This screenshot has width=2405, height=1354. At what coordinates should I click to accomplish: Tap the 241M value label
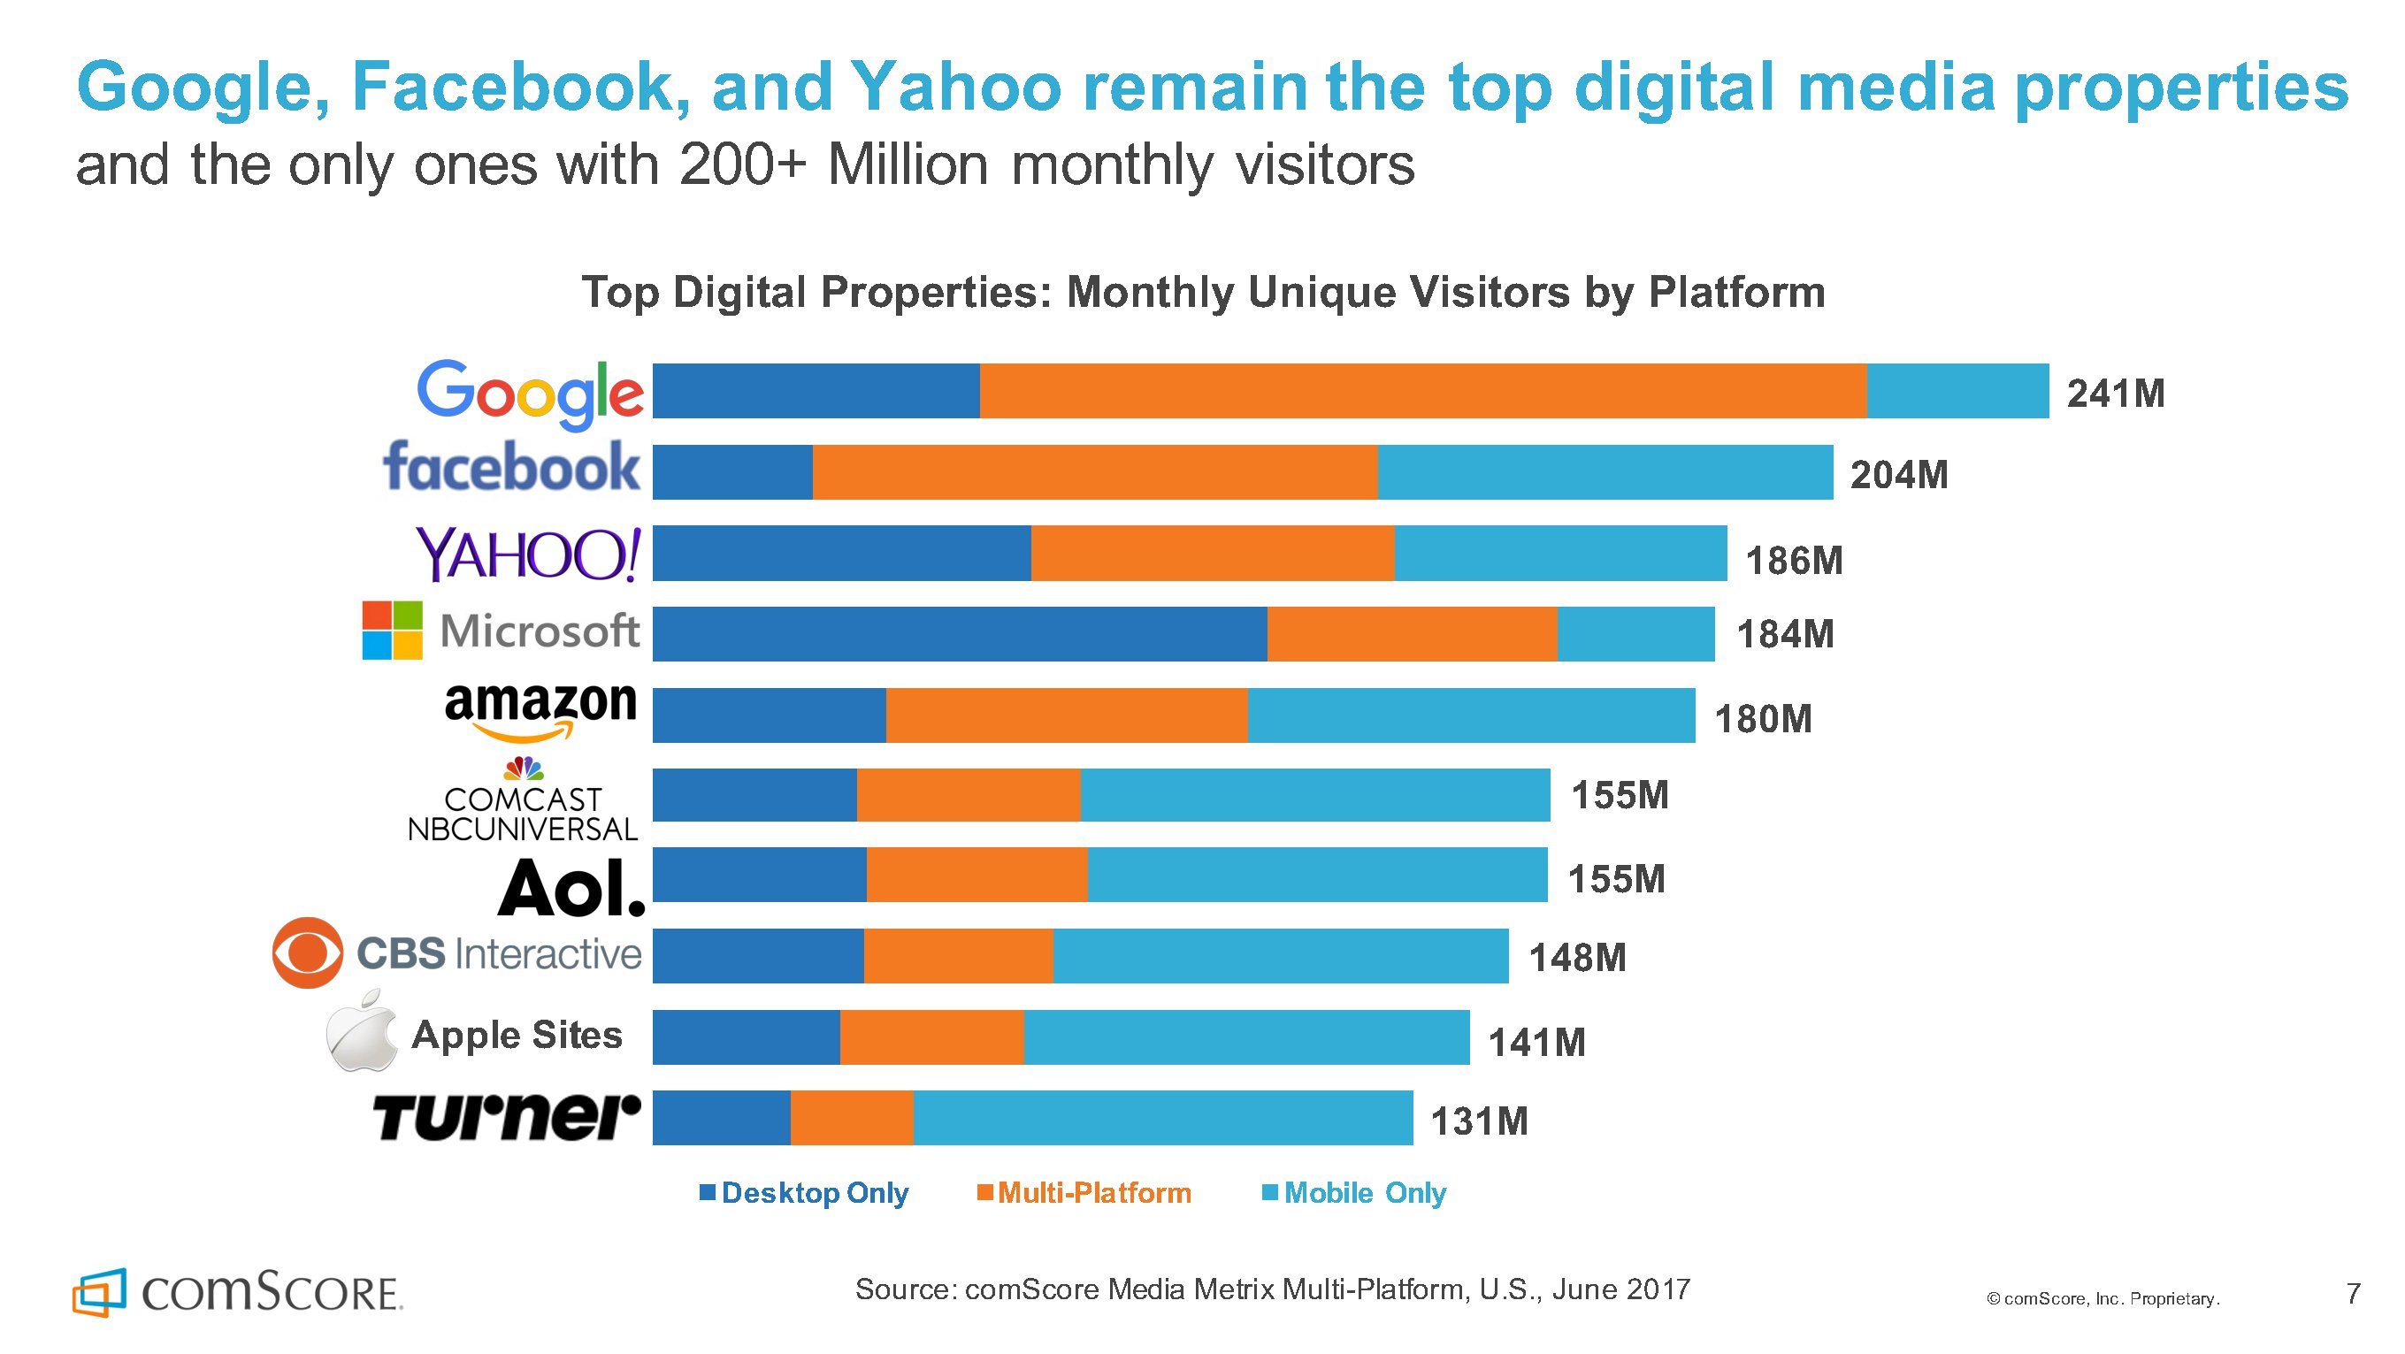[x=2116, y=394]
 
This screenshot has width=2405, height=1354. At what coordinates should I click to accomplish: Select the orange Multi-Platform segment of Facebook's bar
[x=1094, y=472]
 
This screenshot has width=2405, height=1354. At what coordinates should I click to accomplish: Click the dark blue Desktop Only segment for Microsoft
[x=959, y=634]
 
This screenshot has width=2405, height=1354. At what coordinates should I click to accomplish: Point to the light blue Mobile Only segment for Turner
[x=1162, y=1118]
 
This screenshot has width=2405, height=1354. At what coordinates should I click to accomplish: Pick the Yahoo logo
[x=528, y=554]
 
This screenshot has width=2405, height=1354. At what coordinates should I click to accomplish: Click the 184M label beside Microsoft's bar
[x=1785, y=635]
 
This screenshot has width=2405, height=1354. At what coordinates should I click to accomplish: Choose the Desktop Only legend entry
[x=805, y=1192]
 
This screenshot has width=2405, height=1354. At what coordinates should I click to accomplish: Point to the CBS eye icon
[x=307, y=953]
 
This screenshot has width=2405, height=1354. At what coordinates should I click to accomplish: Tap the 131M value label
[x=1480, y=1121]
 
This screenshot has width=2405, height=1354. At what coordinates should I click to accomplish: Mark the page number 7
[x=2354, y=1293]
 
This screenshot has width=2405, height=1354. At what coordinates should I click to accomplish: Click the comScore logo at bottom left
[x=238, y=1292]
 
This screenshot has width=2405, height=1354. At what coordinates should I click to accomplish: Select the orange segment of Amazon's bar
[x=1066, y=715]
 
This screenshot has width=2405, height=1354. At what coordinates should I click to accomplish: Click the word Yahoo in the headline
[x=956, y=86]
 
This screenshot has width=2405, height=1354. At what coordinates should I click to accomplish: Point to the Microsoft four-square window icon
[x=392, y=631]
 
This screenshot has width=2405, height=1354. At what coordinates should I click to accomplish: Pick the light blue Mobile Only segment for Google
[x=1957, y=391]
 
